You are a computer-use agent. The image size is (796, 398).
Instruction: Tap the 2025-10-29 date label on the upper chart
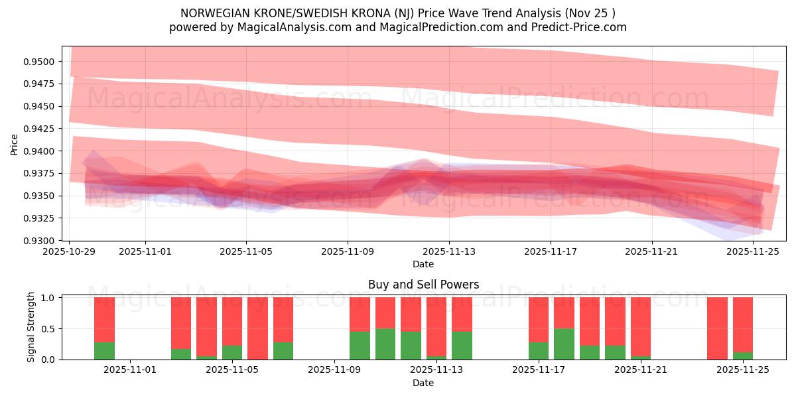(70, 252)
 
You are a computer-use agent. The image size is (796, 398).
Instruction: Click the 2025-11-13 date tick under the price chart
(449, 252)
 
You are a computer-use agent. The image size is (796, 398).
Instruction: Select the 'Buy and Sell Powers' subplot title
(423, 285)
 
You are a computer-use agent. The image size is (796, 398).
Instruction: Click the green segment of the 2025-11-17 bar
(539, 350)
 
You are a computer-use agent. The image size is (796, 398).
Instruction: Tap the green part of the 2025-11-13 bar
(462, 345)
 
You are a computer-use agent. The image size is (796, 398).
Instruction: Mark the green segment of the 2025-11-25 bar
(742, 356)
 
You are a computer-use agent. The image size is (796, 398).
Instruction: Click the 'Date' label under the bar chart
(423, 383)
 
